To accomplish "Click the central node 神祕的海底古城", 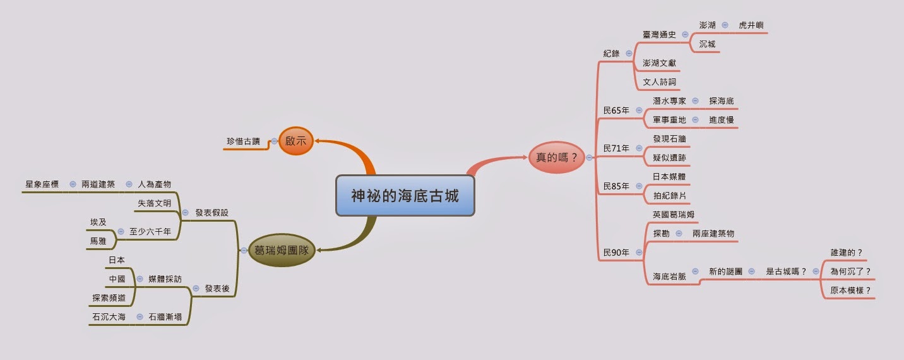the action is click(405, 196).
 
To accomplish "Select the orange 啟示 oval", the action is click(295, 141).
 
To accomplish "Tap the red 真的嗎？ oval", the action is click(556, 158).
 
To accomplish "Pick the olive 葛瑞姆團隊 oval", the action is click(281, 250).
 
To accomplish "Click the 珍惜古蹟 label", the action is click(243, 141).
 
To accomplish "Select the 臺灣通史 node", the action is click(659, 35).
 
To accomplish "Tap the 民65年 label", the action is click(616, 111).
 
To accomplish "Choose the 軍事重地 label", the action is click(669, 120).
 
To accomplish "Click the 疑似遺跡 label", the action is click(669, 158).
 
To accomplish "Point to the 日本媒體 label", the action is click(669, 177).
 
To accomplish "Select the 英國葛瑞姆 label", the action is click(674, 215).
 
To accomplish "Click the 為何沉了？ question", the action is click(850, 272).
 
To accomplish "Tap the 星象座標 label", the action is click(42, 184).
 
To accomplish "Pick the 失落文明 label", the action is click(154, 203).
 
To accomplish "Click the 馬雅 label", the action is click(98, 241).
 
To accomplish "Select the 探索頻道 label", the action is click(108, 297).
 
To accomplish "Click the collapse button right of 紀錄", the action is click(629, 54).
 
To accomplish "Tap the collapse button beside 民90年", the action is click(639, 253).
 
